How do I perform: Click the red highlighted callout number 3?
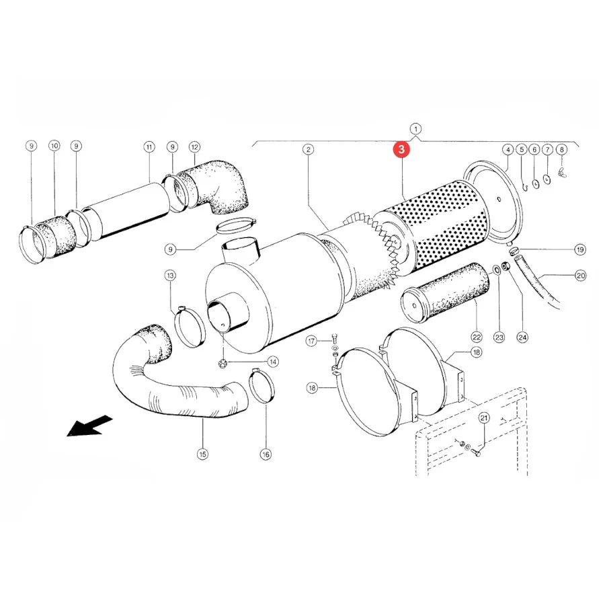click(401, 149)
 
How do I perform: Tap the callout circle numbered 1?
click(415, 129)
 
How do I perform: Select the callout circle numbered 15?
click(202, 454)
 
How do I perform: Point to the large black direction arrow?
click(89, 426)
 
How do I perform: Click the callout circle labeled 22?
click(477, 337)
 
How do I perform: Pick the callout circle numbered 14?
click(273, 362)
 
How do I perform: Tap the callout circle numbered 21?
click(484, 418)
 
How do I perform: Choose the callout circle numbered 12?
click(194, 147)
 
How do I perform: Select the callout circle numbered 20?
click(580, 276)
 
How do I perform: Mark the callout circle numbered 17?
click(312, 341)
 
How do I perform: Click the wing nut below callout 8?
click(562, 172)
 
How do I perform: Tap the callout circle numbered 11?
click(149, 147)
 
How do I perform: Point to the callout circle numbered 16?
click(266, 454)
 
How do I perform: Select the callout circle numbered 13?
click(170, 276)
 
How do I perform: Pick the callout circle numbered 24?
click(522, 337)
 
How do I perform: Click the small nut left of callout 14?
click(223, 363)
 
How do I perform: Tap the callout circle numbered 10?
click(54, 146)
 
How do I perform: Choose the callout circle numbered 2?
click(308, 149)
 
